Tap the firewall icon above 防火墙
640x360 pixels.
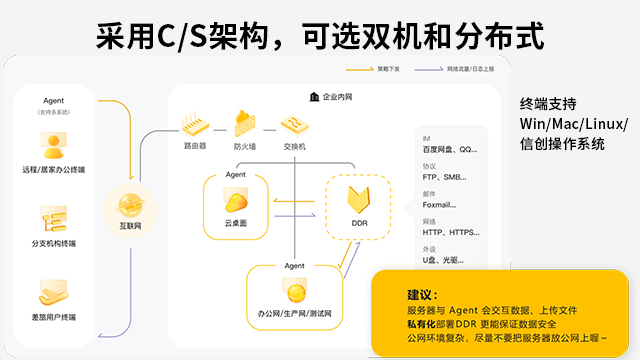(246, 123)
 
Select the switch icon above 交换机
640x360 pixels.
(295, 124)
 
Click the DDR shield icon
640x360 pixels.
(360, 199)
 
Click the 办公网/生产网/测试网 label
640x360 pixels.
(294, 315)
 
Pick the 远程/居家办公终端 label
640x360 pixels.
(54, 170)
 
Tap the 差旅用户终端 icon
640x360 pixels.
(54, 292)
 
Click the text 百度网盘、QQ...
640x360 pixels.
(451, 149)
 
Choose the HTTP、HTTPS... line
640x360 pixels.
(451, 233)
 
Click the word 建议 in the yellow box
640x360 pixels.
(420, 295)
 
